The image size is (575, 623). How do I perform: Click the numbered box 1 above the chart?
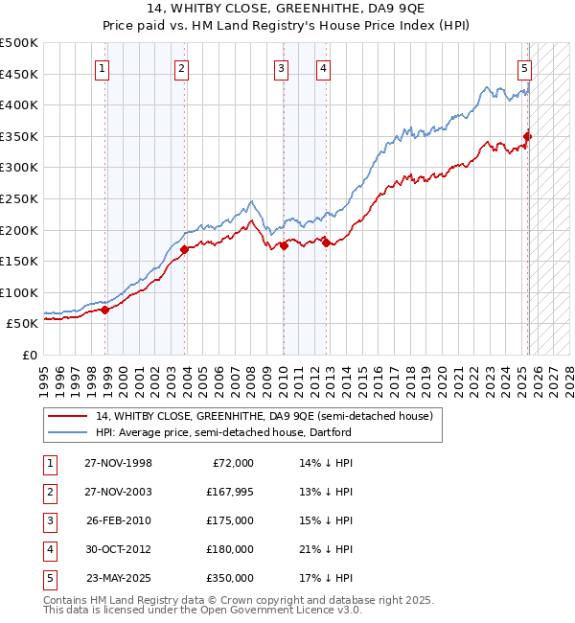(x=102, y=68)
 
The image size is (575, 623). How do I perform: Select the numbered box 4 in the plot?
(x=324, y=68)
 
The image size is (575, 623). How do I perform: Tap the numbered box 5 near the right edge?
(x=525, y=68)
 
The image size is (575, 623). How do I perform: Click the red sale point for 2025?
(x=528, y=137)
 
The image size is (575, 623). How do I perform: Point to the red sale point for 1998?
(x=105, y=310)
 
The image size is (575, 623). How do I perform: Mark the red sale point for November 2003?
(x=184, y=250)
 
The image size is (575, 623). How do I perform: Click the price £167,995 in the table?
(x=229, y=492)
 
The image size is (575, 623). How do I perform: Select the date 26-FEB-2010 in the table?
(x=118, y=520)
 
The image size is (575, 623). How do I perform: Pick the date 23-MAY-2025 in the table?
(x=118, y=578)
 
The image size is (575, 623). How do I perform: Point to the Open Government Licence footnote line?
(x=203, y=610)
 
